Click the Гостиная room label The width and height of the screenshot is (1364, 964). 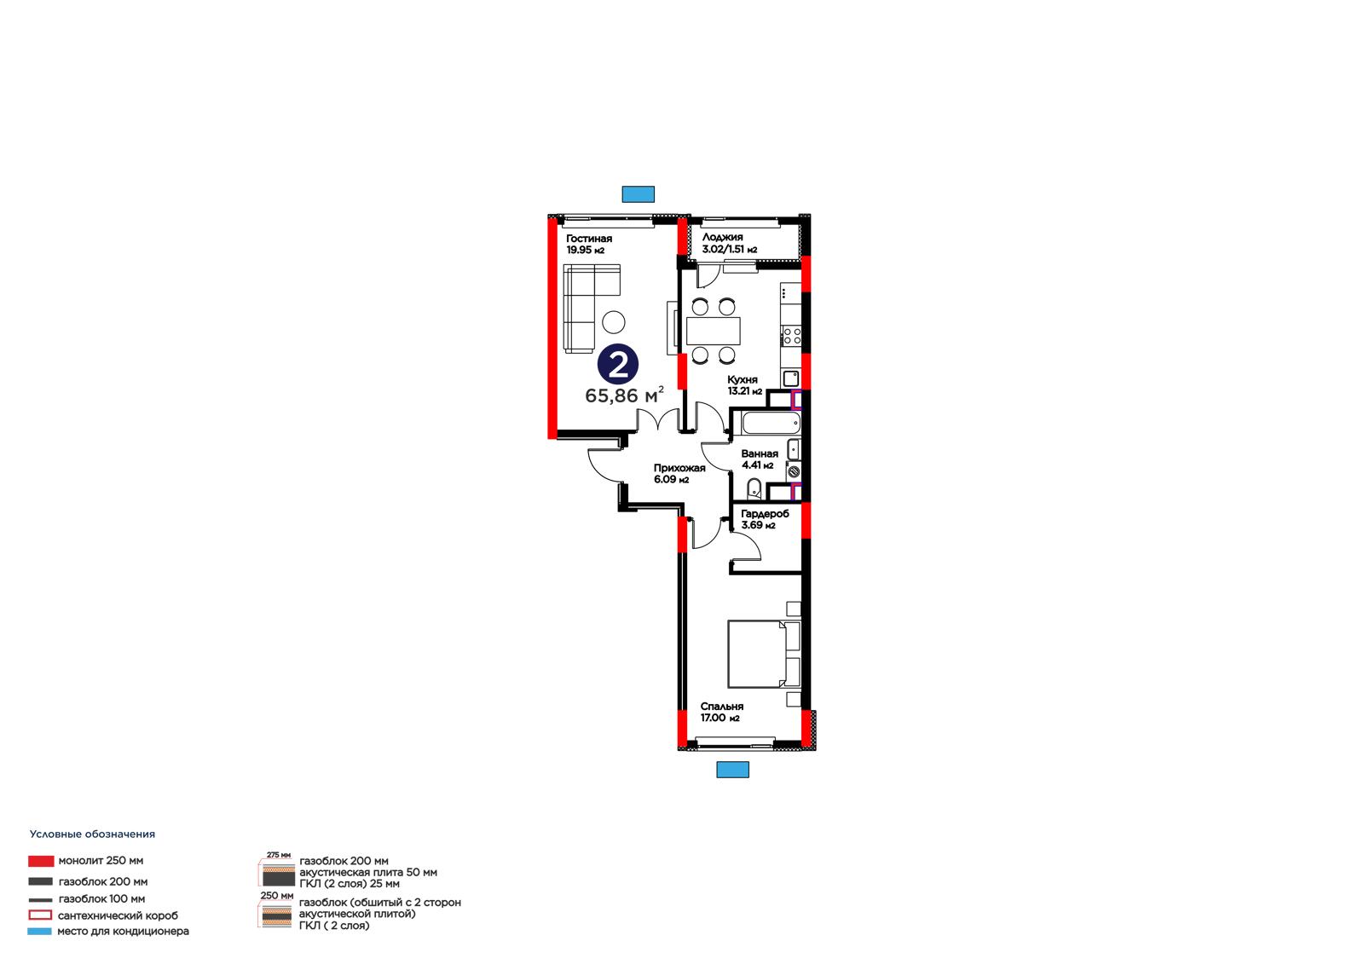(589, 239)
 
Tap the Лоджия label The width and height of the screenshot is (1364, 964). (722, 238)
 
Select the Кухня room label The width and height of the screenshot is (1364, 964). (743, 380)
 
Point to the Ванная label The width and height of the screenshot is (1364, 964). (760, 454)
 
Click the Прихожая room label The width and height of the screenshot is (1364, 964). (679, 468)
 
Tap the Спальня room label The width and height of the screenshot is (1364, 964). (721, 707)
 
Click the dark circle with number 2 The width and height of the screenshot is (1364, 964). (618, 365)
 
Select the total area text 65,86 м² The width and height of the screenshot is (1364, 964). (624, 395)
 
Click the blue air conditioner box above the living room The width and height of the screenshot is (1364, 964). (639, 194)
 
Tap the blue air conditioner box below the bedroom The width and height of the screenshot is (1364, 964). (732, 770)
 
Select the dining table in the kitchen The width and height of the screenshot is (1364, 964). (714, 332)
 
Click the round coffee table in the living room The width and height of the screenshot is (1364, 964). (614, 322)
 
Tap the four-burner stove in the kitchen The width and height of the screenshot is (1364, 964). (792, 336)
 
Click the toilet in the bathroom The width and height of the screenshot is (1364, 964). (754, 488)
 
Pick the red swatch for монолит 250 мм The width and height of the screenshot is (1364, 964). (41, 861)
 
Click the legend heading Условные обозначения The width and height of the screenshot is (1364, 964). (93, 834)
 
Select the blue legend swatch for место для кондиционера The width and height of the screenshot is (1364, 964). (39, 932)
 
